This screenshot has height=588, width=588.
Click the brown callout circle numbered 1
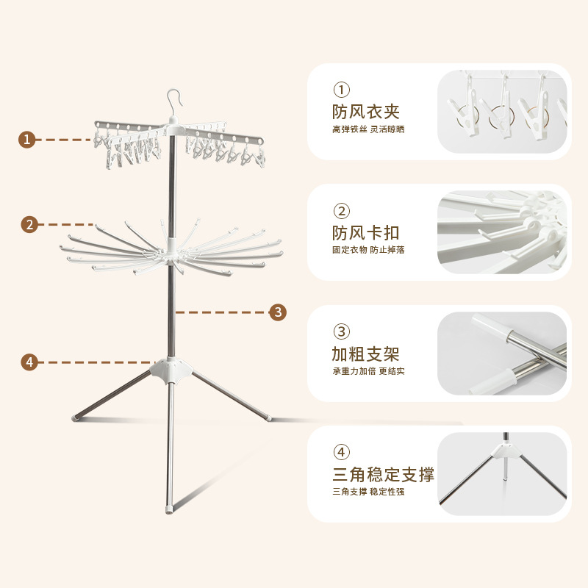pos(27,139)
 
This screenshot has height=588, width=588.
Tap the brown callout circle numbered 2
pos(29,224)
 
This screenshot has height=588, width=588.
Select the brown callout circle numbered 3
pos(277,312)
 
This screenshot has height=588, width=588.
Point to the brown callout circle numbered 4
pos(29,362)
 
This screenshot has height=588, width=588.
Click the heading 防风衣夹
pos(365,112)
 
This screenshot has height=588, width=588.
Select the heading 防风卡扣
pos(365,233)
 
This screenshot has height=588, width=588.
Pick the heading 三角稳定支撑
pos(383,474)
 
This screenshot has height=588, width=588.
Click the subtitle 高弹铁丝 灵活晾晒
pos(368,130)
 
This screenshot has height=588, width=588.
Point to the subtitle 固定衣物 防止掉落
pos(368,250)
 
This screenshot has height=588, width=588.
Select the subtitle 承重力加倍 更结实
pos(368,371)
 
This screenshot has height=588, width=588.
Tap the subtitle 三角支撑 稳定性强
pos(368,492)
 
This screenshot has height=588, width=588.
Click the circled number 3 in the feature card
pos(342,331)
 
